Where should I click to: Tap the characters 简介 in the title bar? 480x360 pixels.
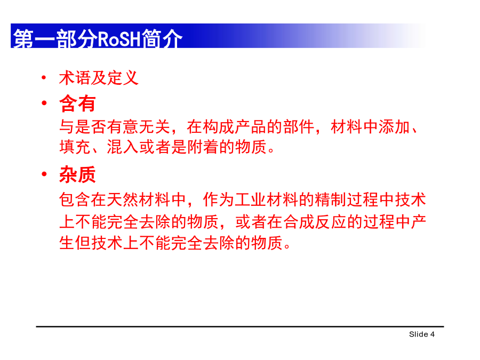[162, 38]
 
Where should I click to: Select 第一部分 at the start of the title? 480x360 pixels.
[55, 39]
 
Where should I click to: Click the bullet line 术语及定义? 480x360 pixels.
[99, 78]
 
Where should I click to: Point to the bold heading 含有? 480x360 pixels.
[77, 103]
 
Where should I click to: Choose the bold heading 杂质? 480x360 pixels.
[77, 175]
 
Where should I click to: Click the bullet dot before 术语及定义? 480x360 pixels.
[44, 78]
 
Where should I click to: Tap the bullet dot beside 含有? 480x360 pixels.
[44, 103]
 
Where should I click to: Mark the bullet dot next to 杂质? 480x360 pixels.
[44, 174]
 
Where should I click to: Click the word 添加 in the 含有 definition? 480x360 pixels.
[394, 127]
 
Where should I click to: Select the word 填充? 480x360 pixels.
[75, 147]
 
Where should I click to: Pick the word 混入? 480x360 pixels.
[123, 147]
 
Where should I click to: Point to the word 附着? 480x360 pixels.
[203, 147]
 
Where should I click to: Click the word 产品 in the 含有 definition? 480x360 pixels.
[251, 127]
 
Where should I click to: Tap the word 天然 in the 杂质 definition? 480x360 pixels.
[123, 199]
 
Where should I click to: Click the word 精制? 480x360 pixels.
[331, 199]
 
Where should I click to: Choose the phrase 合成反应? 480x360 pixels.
[315, 222]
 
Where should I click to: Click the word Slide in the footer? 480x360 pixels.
[419, 334]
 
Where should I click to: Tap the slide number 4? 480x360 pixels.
[432, 334]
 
